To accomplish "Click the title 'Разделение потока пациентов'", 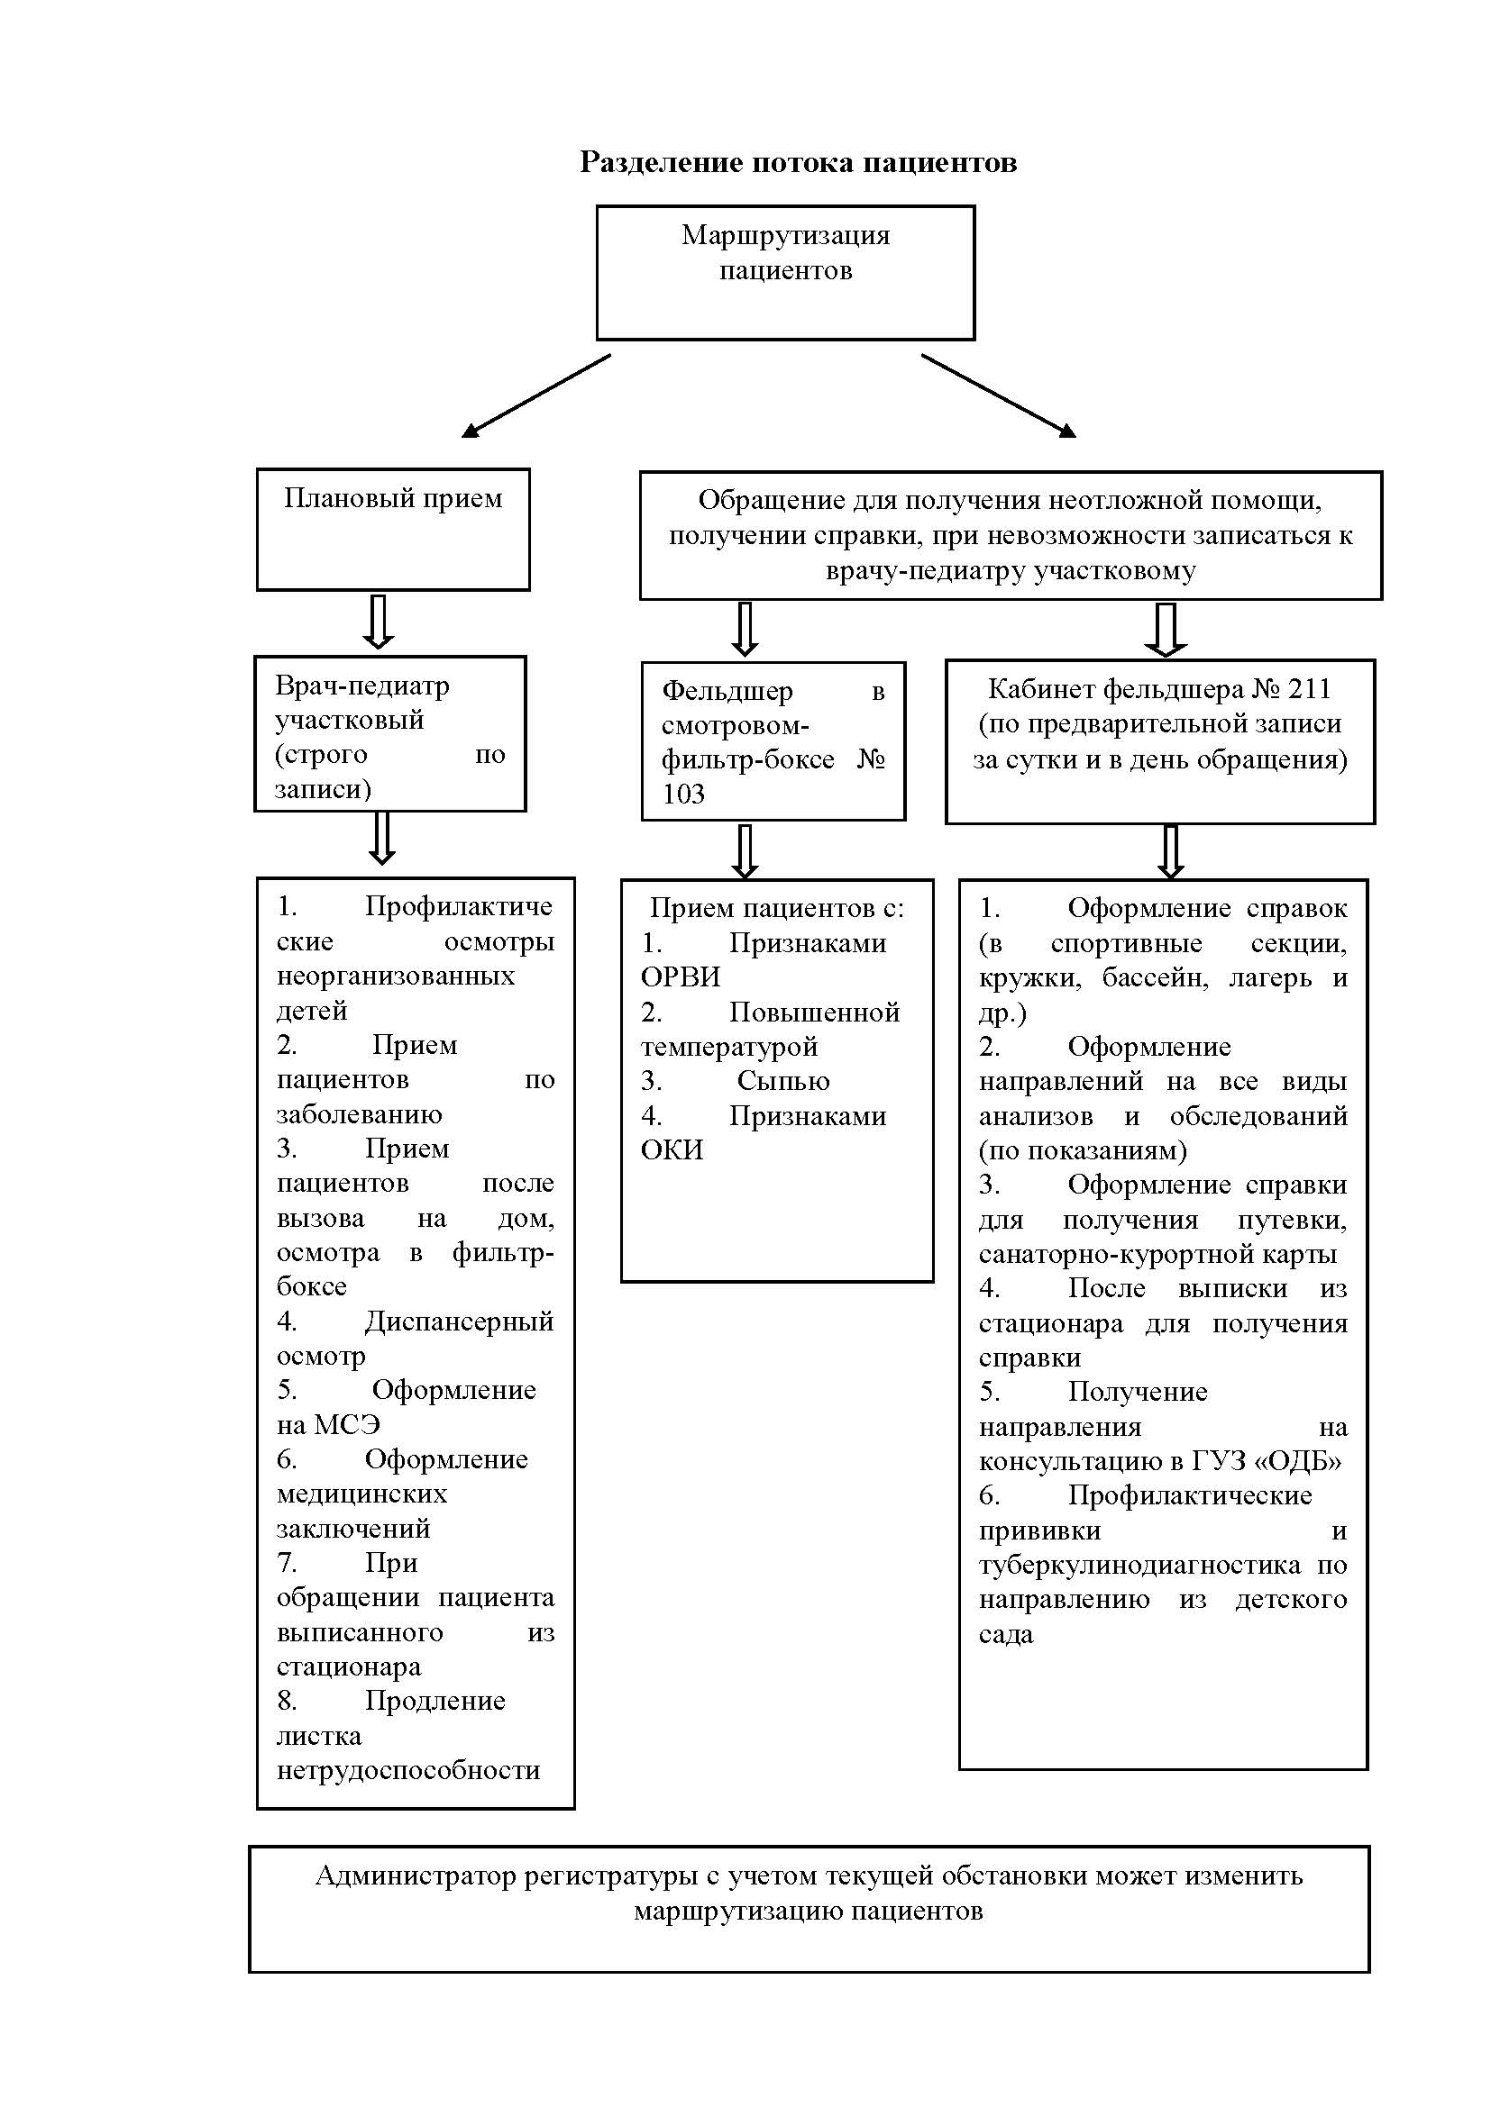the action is pos(798,162).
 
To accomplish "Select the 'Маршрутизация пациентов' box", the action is pos(785,273).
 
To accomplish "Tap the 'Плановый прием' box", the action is pos(393,530).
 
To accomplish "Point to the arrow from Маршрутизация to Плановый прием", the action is pos(536,396).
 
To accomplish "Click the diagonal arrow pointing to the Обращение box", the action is pos(999,395).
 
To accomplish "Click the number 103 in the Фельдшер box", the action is pos(683,794).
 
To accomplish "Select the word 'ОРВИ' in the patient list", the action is pos(681,977).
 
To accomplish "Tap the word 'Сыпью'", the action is pos(783,1081).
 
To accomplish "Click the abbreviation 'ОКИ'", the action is pos(672,1149).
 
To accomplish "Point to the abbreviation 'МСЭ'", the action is pos(347,1424).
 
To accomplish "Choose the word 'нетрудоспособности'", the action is pos(408,1769).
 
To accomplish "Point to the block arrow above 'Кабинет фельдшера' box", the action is pos(1166,630).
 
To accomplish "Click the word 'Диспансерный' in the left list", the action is pos(459,1321).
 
